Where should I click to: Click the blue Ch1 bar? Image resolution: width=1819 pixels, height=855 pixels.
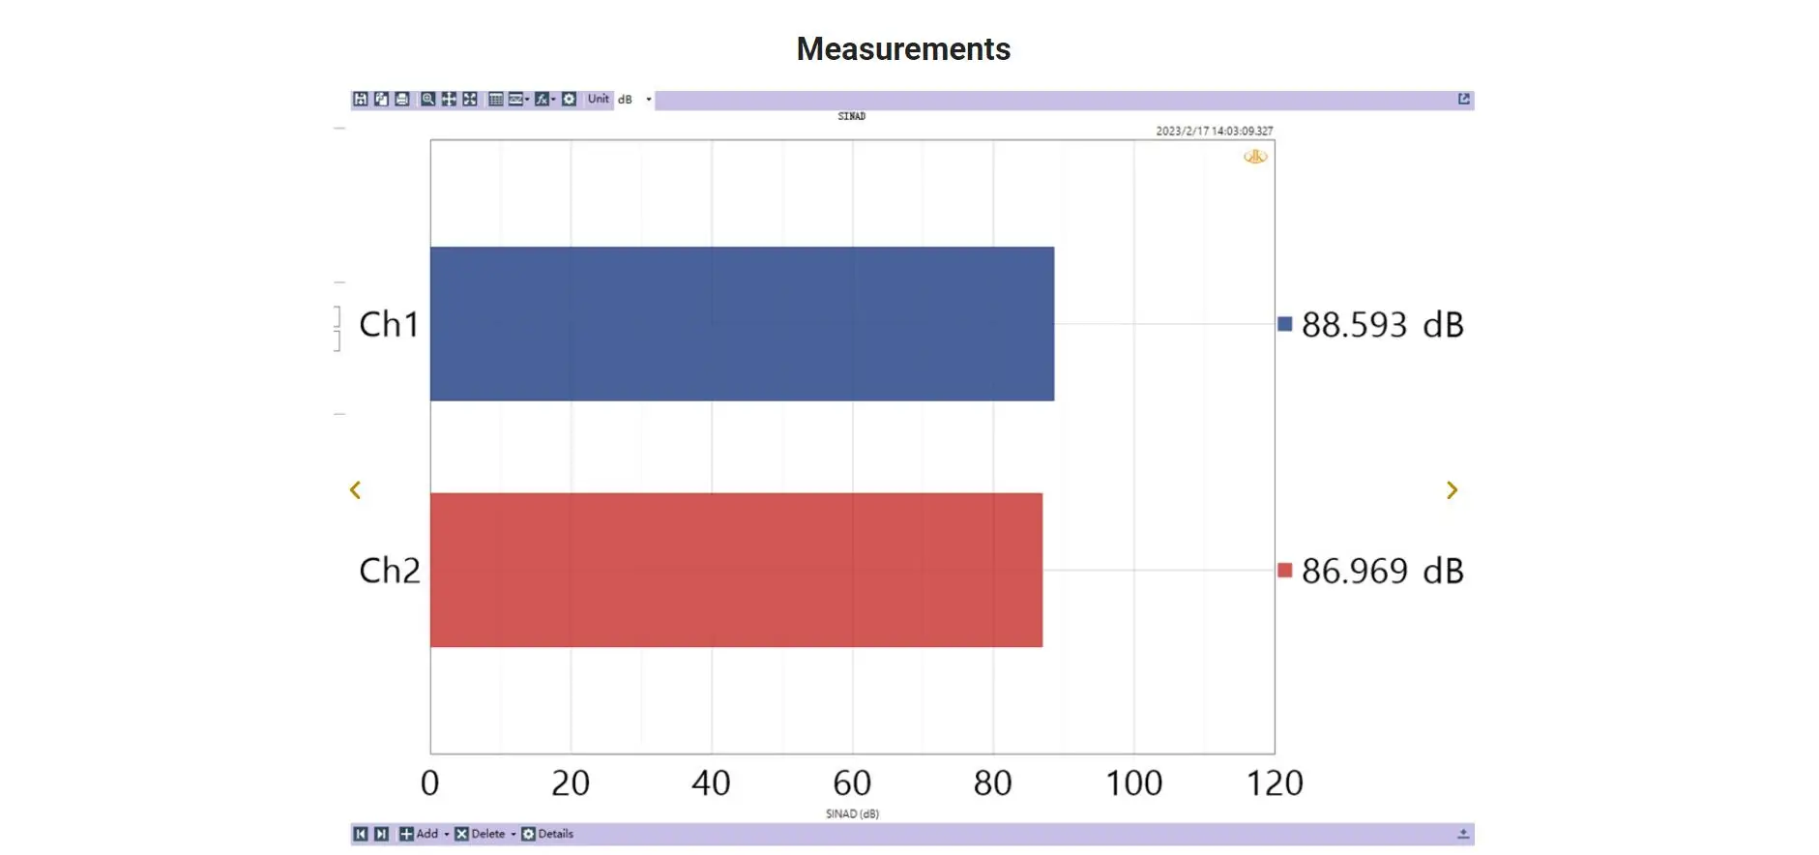[742, 324]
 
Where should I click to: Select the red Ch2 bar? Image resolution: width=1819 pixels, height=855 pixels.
[736, 570]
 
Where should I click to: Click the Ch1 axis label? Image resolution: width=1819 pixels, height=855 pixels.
[389, 325]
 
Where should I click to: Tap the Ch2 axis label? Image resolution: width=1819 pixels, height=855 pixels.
[390, 571]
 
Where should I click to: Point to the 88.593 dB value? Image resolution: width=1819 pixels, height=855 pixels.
[1382, 325]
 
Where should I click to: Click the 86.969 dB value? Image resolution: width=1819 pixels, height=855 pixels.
[1382, 571]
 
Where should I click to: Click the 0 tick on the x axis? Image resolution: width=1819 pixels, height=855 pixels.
[430, 782]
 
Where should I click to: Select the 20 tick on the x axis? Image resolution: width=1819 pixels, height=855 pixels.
[571, 782]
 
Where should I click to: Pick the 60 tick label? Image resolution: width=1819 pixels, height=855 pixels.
[852, 782]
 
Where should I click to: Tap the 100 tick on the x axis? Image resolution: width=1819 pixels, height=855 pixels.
[1133, 782]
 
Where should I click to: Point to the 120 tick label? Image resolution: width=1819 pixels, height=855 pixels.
[1275, 782]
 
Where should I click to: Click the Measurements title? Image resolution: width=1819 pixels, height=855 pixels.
[903, 49]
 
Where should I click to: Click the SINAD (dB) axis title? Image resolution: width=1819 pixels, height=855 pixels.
[852, 814]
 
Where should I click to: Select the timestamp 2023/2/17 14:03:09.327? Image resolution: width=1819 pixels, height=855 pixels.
[1215, 131]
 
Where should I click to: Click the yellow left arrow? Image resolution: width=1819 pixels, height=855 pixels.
[355, 490]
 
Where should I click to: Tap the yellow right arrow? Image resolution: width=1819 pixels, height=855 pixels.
[1452, 490]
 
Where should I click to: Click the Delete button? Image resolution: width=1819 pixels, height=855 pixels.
[481, 834]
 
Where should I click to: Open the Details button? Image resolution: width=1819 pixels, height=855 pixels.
[548, 834]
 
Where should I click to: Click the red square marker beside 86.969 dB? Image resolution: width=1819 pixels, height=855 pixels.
[1284, 570]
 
